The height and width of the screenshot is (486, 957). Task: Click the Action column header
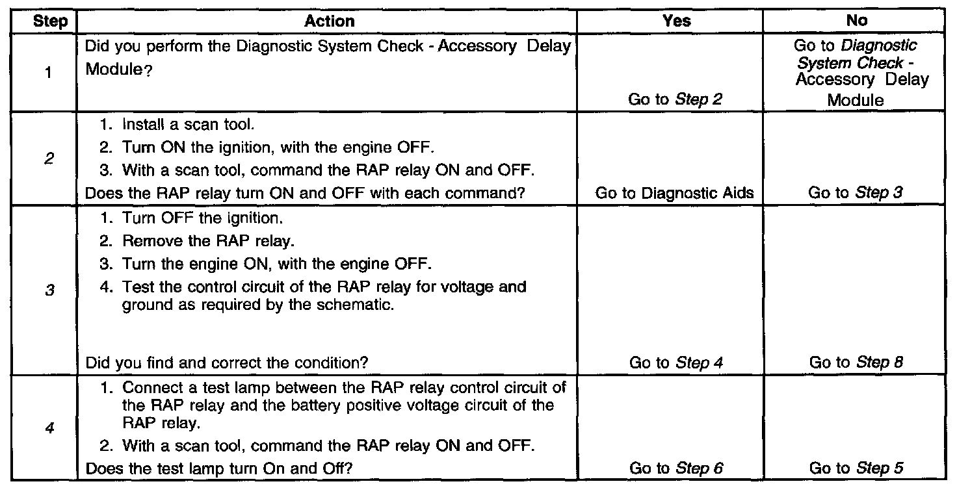pos(330,21)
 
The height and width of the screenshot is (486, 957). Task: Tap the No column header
pos(857,21)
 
